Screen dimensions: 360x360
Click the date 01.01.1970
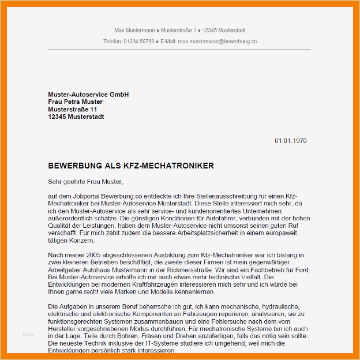290,141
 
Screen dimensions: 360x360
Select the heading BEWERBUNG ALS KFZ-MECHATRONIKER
131,166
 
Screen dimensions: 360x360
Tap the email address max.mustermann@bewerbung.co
217,42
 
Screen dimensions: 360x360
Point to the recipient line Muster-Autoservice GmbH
88,94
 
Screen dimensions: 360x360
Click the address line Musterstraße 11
73,109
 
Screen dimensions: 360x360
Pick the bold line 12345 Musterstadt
76,117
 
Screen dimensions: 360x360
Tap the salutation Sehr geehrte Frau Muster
86,182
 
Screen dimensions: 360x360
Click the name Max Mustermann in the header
135,30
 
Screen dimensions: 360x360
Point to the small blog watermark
28,333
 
